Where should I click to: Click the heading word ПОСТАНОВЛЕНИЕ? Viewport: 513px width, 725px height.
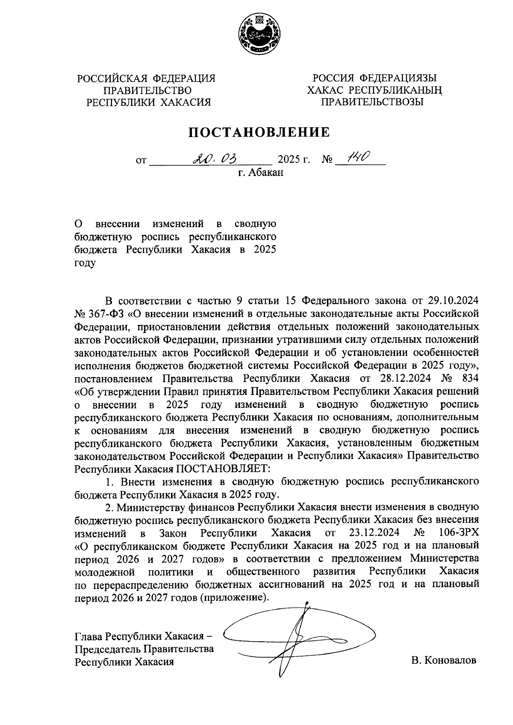pos(260,132)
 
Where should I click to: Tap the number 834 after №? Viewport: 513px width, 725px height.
pos(468,378)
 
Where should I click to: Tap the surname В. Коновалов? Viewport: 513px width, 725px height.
pos(443,661)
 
